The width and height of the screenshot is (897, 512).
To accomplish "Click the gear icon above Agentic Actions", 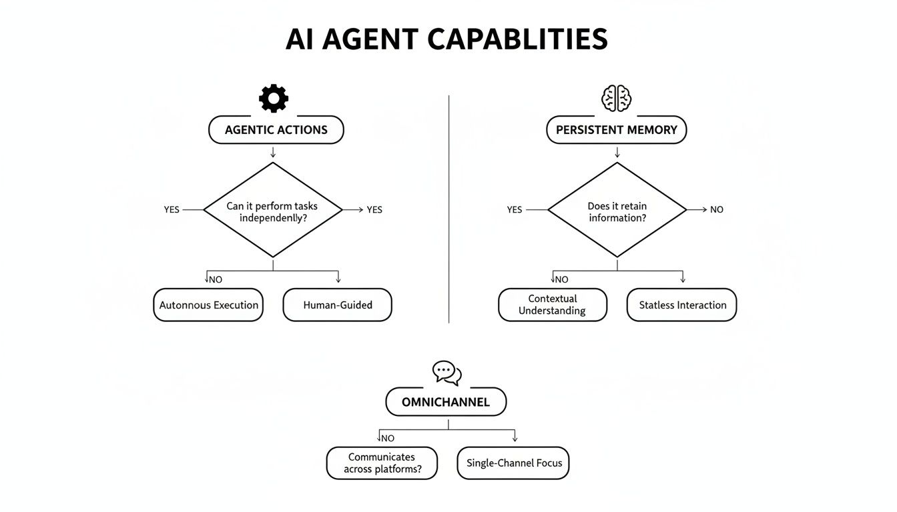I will (274, 99).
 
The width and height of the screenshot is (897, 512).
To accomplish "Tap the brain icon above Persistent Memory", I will (616, 99).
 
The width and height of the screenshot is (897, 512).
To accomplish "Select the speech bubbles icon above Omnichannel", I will (446, 373).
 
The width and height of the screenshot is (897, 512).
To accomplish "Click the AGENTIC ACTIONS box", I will (276, 130).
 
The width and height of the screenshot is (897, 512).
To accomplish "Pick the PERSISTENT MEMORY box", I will (616, 130).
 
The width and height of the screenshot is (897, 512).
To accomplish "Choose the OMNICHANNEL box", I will (446, 402).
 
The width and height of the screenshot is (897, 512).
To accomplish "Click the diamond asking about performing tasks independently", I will (272, 210).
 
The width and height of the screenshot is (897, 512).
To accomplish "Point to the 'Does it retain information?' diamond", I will (617, 210).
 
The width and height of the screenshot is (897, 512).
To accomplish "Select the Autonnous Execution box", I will (208, 305).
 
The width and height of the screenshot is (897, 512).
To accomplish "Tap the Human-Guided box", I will (338, 305).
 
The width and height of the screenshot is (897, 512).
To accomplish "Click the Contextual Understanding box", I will (553, 305).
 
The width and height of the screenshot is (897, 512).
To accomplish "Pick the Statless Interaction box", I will (682, 305).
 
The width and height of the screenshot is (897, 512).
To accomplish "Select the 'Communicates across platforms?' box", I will (382, 463).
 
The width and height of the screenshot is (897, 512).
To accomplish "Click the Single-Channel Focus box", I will (513, 463).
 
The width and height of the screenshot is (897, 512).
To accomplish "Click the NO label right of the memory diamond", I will (716, 209).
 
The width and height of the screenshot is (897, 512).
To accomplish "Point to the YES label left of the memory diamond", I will (515, 209).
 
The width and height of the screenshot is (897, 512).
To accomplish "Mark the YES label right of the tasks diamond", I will (374, 209).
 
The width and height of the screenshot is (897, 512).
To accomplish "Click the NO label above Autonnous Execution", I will (215, 279).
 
